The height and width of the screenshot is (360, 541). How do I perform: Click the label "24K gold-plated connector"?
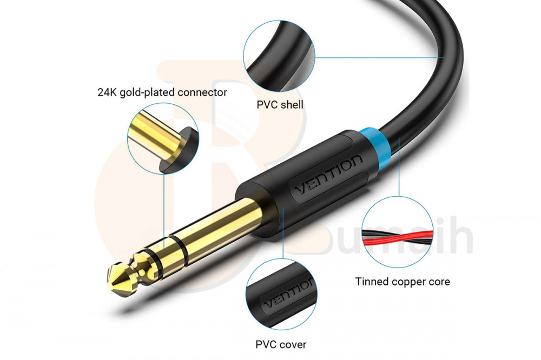point(162,92)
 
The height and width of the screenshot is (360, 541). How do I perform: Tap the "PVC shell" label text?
point(280,104)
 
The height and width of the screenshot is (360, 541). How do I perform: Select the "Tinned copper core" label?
point(403,282)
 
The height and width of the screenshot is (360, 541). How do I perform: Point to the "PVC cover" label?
point(281,344)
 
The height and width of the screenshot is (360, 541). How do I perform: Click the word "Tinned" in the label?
point(372,282)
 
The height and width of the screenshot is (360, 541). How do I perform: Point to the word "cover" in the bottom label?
point(293,344)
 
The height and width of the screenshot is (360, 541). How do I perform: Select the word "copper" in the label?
point(410,282)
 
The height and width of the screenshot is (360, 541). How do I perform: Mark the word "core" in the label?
point(439,282)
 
